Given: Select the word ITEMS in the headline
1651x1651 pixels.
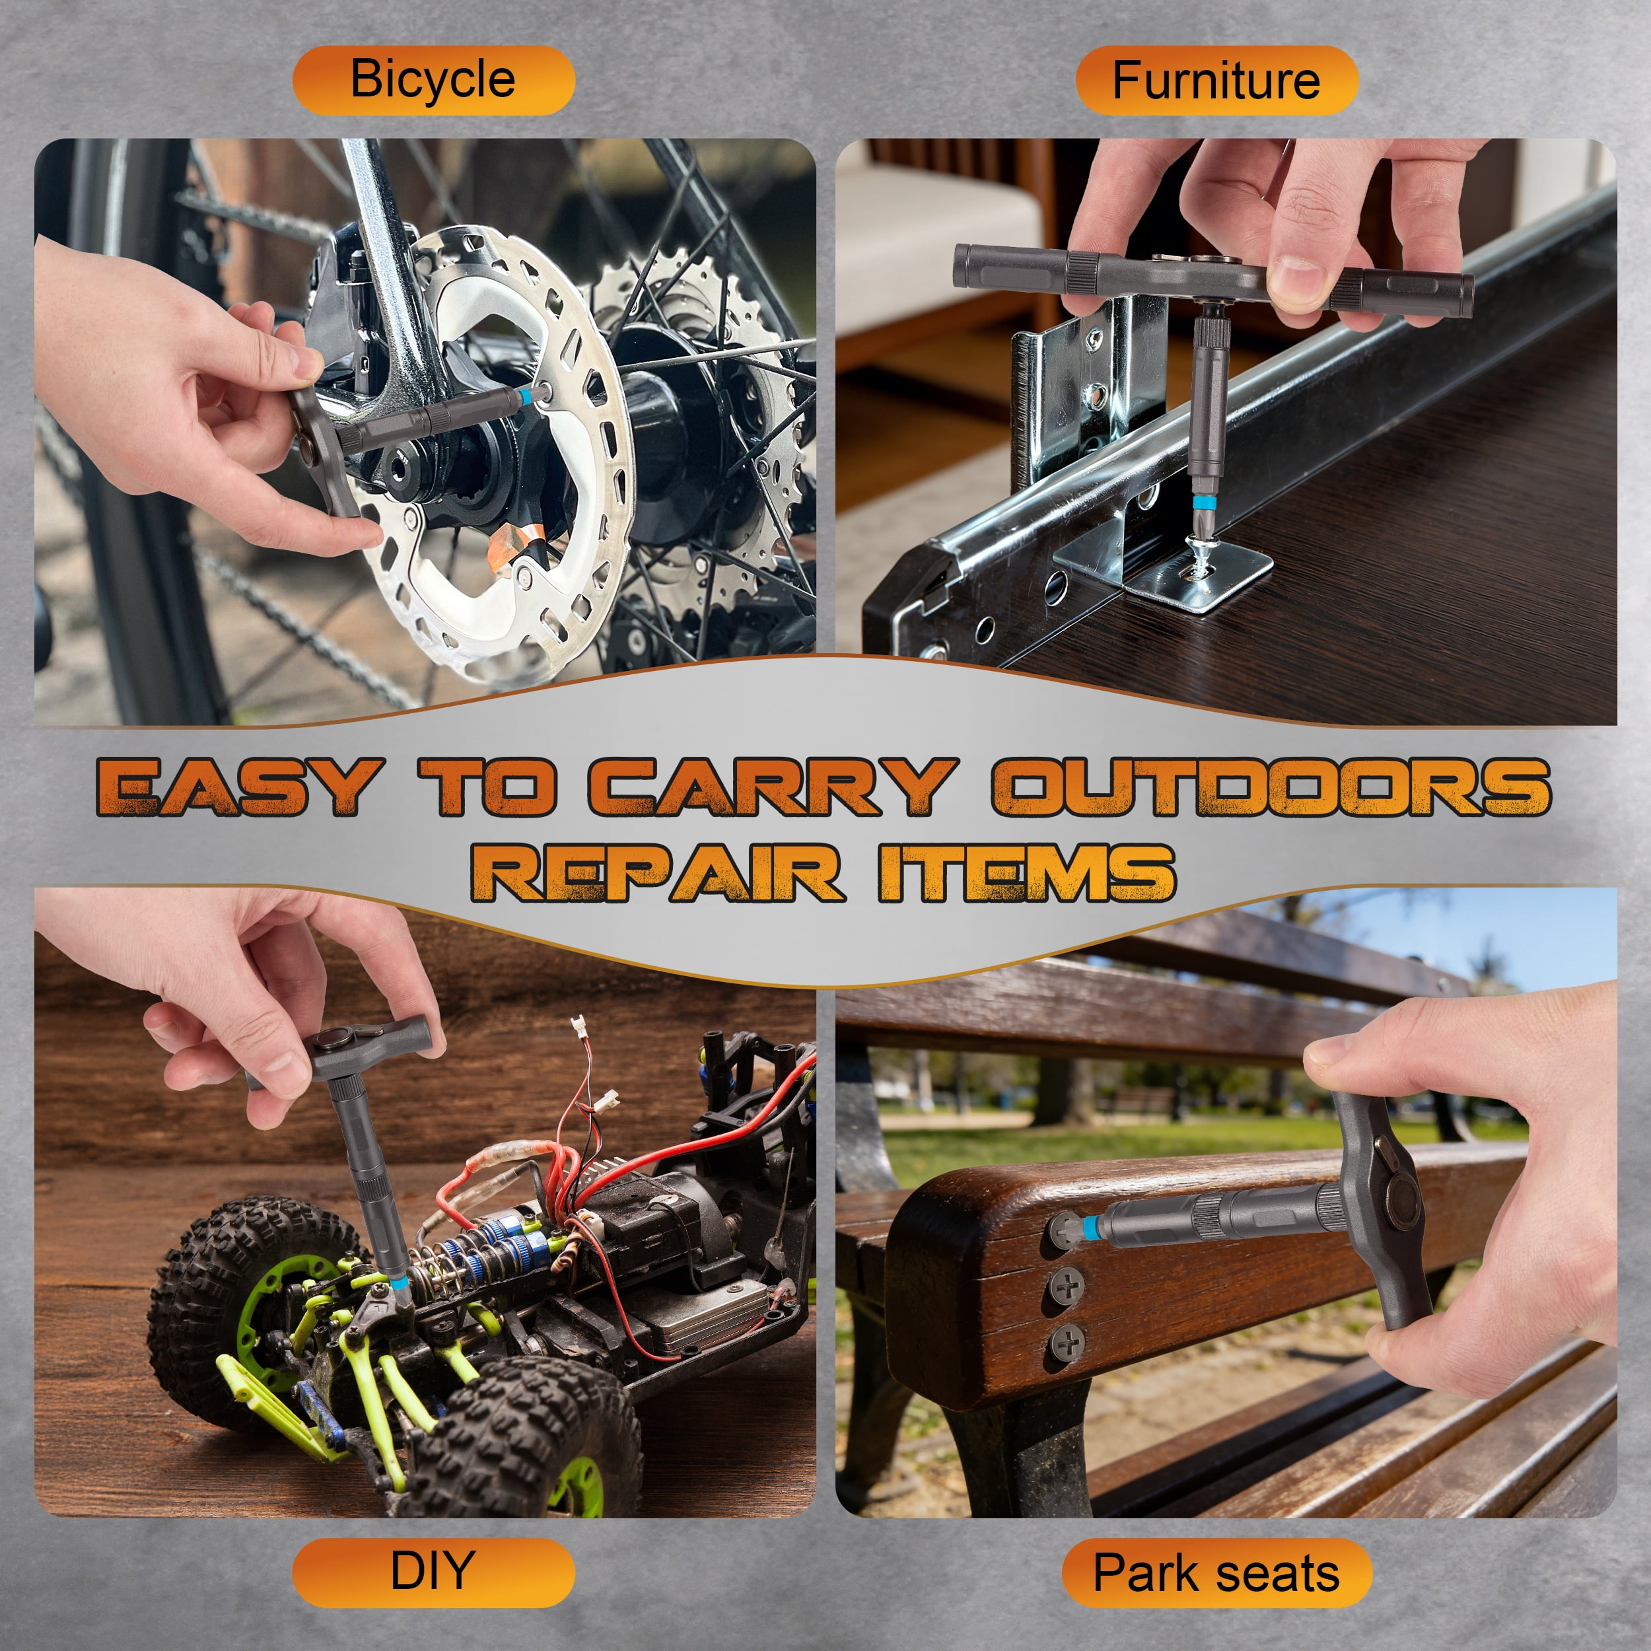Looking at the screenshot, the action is (x=1026, y=872).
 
